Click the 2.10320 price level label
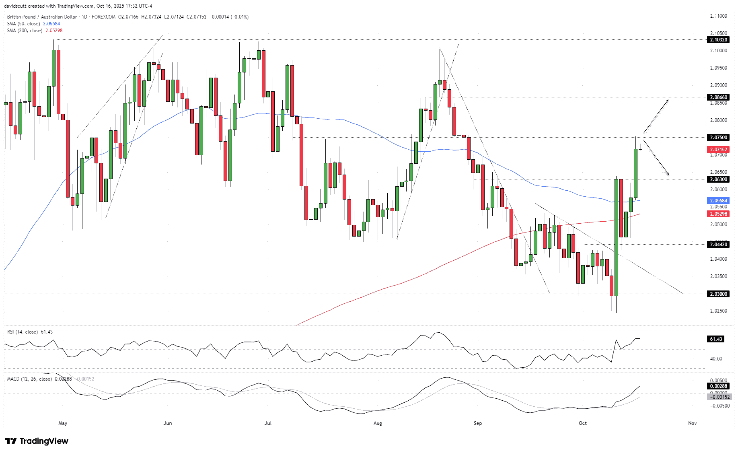coord(718,40)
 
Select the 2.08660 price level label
coord(718,97)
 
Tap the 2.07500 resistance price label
coord(718,138)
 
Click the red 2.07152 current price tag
coord(718,150)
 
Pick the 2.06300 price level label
coord(718,179)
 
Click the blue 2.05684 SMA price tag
coord(718,201)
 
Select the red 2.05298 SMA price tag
coord(718,214)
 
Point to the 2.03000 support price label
coord(718,294)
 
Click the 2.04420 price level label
coord(718,245)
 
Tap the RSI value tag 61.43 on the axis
coord(716,339)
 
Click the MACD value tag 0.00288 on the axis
coord(718,386)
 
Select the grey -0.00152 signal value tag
coord(718,397)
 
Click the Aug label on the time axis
coord(378,423)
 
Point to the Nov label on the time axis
coord(692,423)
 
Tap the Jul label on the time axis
coord(268,423)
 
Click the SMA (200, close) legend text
coord(25,31)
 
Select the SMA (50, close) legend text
coord(23,24)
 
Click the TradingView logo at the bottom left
coord(37,441)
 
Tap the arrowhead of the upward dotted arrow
coord(668,100)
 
